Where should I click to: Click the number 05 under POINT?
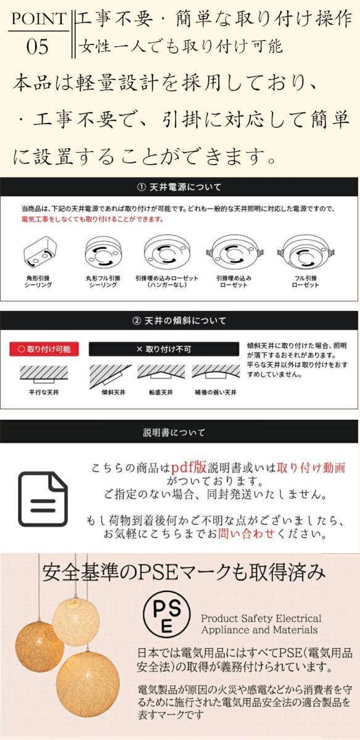coord(38,47)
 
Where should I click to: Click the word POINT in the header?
coord(38,20)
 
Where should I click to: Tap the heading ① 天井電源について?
coord(179,187)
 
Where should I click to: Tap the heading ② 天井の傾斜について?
coord(179,321)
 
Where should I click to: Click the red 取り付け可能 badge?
coord(44,349)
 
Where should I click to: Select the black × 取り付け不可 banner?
coord(163,349)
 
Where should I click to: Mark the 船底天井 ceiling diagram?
coord(161,372)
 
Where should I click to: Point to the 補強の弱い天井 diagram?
coord(215,372)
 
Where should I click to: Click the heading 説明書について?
coord(179,432)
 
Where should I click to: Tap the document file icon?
coord(43,499)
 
